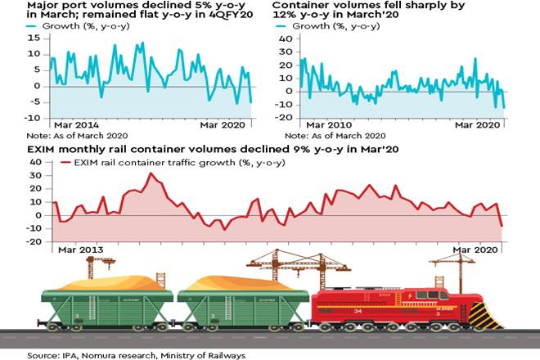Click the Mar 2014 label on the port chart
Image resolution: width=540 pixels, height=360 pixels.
point(75,124)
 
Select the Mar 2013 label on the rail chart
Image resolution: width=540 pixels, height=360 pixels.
point(80,248)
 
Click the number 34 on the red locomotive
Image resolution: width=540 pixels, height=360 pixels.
point(380,311)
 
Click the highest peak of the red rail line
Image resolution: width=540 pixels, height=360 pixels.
point(150,173)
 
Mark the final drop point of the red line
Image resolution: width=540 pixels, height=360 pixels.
point(502,226)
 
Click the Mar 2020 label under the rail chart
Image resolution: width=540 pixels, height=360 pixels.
point(476,248)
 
